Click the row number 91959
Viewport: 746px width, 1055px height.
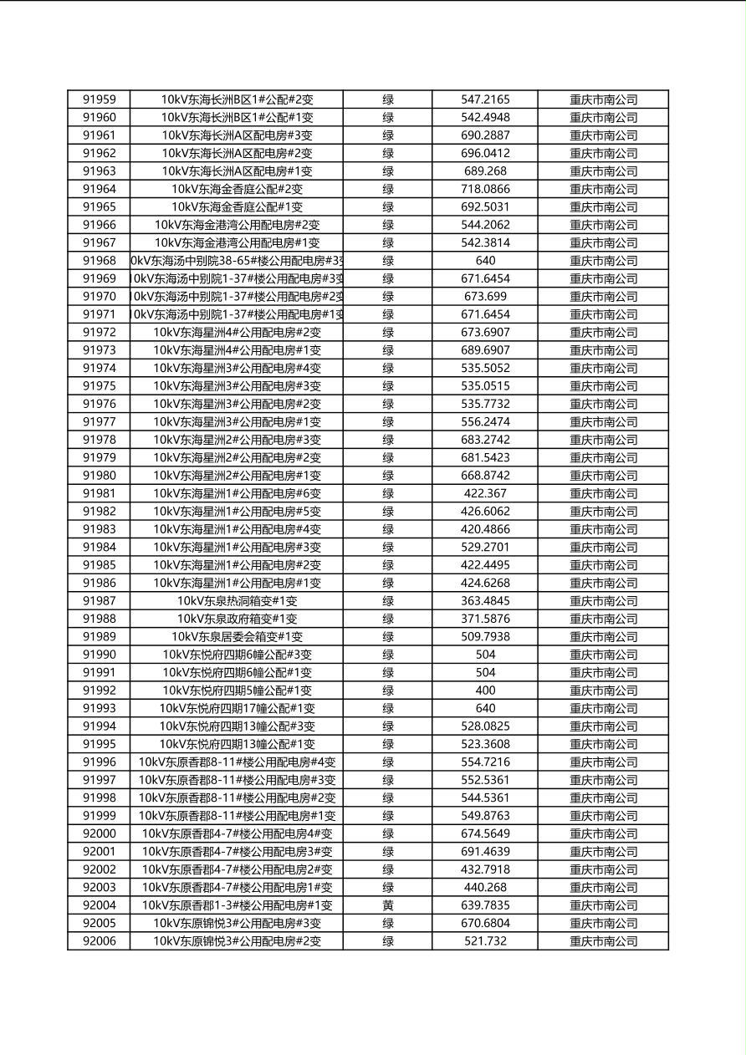[x=99, y=99]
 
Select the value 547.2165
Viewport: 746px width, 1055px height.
[x=485, y=99]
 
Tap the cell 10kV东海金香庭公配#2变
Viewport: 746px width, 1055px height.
[x=237, y=189]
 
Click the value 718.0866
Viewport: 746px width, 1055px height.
[x=485, y=189]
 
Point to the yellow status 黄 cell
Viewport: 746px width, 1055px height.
[x=388, y=905]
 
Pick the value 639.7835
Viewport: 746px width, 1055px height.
[x=485, y=905]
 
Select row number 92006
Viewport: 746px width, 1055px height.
[x=99, y=941]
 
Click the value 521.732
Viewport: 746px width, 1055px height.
[x=485, y=941]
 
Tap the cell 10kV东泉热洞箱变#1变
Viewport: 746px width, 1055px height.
[x=237, y=601]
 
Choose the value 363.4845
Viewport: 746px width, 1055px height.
[x=485, y=601]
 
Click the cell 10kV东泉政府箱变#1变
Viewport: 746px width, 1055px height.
[x=237, y=619]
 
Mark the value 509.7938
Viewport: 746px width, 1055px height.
[x=485, y=637]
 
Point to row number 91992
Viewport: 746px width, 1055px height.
[x=99, y=691]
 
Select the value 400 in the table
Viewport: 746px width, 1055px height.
[x=485, y=691]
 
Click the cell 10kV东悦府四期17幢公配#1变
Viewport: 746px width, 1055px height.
[x=237, y=708]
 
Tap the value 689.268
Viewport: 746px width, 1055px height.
[x=485, y=171]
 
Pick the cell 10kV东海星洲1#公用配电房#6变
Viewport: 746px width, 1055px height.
[x=237, y=493]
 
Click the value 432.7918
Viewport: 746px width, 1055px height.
[x=485, y=869]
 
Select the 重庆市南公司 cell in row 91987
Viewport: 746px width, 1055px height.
[x=603, y=601]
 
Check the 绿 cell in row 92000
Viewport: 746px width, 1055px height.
[x=388, y=833]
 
